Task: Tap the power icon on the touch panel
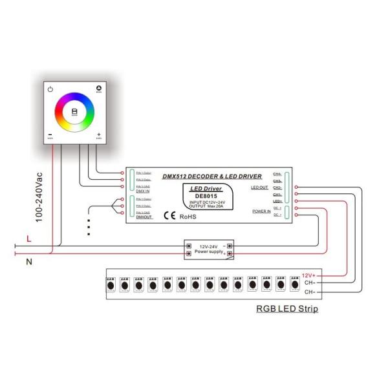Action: (50, 89)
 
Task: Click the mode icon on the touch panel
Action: (99, 88)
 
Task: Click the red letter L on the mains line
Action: (28, 239)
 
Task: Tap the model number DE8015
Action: (206, 197)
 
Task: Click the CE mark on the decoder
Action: (169, 216)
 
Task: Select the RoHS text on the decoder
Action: (187, 217)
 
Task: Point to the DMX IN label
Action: (144, 191)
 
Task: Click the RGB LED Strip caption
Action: (286, 309)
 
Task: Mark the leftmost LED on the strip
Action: (110, 284)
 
